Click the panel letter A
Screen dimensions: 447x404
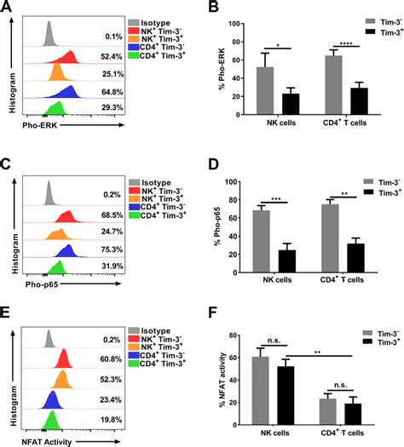tap(7, 7)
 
